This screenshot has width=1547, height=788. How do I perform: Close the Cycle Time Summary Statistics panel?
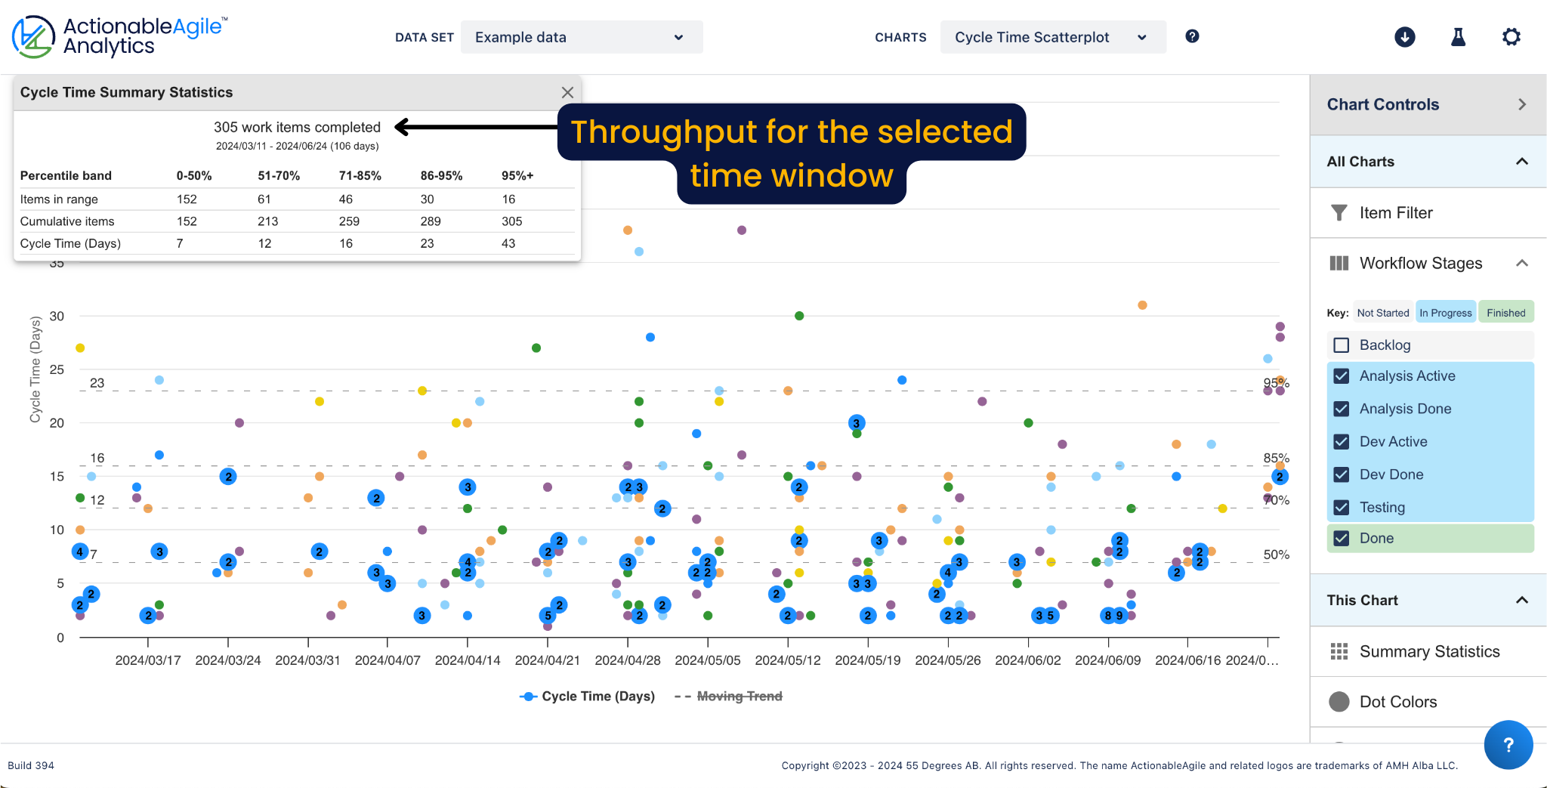tap(567, 92)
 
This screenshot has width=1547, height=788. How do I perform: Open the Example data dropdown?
tap(581, 37)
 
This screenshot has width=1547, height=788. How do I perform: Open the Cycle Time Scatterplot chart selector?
tap(1052, 37)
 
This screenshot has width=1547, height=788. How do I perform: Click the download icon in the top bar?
tap(1404, 37)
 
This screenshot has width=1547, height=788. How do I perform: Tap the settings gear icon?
tap(1511, 37)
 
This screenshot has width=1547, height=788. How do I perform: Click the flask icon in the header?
tap(1458, 37)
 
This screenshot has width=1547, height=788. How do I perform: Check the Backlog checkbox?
tap(1342, 345)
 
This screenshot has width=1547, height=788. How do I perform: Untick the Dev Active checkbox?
tap(1342, 442)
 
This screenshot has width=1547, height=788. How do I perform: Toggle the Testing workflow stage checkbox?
tap(1342, 508)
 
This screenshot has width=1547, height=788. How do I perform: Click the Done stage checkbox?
tap(1342, 539)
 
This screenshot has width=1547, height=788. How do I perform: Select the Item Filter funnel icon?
tap(1339, 213)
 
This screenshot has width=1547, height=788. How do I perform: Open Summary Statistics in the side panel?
tap(1429, 651)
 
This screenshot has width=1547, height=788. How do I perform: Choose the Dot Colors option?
tap(1397, 702)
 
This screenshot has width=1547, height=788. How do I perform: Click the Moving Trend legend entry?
tap(739, 697)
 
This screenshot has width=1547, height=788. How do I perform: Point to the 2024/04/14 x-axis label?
tap(468, 660)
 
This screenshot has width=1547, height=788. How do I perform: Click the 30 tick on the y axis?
tap(57, 316)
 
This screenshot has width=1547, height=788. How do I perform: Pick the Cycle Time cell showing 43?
tap(508, 243)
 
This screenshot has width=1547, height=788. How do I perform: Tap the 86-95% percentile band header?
tap(441, 176)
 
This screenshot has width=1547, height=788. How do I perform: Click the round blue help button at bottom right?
tap(1508, 745)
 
